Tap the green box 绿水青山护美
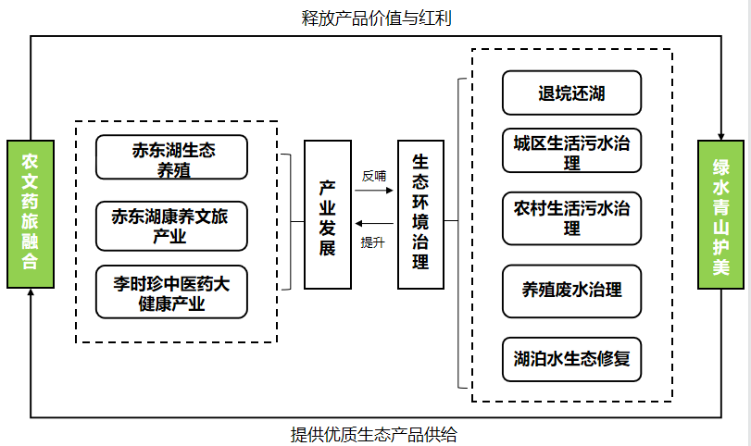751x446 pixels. (720, 215)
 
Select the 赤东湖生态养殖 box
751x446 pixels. (171, 157)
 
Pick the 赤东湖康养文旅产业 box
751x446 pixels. (171, 227)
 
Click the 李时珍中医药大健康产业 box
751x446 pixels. (171, 292)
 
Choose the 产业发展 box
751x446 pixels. (327, 215)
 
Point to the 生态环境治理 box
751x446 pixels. (420, 215)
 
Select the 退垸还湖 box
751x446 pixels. (571, 93)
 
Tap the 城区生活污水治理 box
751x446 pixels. (571, 151)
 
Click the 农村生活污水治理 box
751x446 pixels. (571, 216)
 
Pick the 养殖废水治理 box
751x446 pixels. (571, 289)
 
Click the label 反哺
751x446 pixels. (374, 175)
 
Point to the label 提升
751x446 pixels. (372, 242)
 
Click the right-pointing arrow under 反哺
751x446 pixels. (374, 192)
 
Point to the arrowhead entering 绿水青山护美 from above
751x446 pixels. (720, 132)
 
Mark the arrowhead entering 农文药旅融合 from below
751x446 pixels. (31, 294)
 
